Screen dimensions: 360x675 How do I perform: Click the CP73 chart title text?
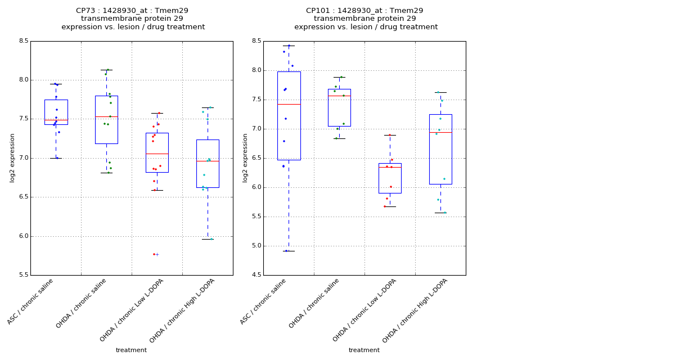pos(133,19)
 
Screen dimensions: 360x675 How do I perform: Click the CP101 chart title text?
pos(366,19)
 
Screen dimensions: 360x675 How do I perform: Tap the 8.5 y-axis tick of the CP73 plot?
pos(23,41)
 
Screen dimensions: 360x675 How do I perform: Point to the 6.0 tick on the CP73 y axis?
pos(23,236)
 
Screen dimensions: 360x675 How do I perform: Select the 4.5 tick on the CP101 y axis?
pos(256,275)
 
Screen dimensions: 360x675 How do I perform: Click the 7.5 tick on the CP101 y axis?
pos(256,100)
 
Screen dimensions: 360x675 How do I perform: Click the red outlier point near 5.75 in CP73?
pos(154,254)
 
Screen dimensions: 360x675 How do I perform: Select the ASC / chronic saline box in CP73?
pos(56,112)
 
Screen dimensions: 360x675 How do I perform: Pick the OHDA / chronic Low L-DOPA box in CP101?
pos(390,178)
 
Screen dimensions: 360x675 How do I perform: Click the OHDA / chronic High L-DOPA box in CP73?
pos(208,163)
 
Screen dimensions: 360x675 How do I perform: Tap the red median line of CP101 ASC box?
pos(289,104)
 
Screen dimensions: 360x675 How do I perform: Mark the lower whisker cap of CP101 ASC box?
pos(289,251)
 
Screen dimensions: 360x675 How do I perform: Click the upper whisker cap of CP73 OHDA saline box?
pos(106,70)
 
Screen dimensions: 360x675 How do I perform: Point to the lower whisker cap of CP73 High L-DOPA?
pos(208,239)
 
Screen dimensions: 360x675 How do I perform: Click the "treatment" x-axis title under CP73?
pos(131,350)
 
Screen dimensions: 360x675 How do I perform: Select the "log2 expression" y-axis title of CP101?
pos(245,157)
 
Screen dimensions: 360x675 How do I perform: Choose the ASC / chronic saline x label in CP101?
pos(264,301)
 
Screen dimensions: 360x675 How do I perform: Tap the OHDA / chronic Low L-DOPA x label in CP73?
pos(131,310)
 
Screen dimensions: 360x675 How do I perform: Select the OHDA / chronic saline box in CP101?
pos(339,107)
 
